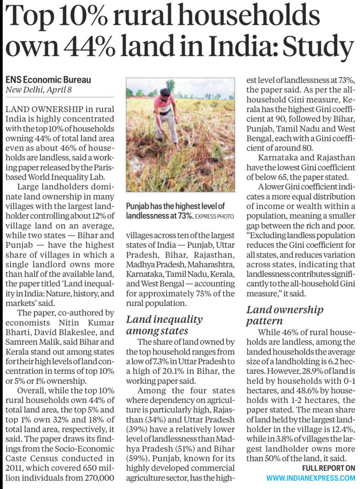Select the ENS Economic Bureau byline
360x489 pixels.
(x=48, y=80)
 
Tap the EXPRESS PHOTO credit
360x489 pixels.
(x=215, y=217)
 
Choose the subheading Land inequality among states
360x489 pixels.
(x=164, y=325)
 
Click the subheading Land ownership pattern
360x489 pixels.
(x=285, y=315)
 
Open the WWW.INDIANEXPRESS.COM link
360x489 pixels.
(x=311, y=478)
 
